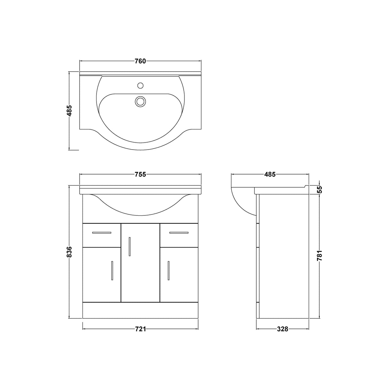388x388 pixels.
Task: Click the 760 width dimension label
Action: pyautogui.click(x=140, y=61)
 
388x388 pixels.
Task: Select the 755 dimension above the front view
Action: pyautogui.click(x=140, y=174)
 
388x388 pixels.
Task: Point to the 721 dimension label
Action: pyautogui.click(x=140, y=329)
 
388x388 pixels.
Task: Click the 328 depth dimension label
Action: pyautogui.click(x=283, y=329)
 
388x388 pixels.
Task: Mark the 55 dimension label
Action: pyautogui.click(x=320, y=190)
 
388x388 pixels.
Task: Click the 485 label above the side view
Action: pyautogui.click(x=270, y=174)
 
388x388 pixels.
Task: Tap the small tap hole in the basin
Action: pyautogui.click(x=140, y=85)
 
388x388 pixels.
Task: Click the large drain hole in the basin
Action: pyautogui.click(x=140, y=101)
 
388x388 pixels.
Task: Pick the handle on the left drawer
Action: pyautogui.click(x=102, y=232)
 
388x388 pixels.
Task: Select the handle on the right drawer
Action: pyautogui.click(x=179, y=232)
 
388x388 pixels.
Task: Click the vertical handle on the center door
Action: pyautogui.click(x=129, y=246)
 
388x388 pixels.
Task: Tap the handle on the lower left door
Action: pyautogui.click(x=112, y=271)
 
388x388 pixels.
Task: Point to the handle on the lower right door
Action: pyautogui.click(x=168, y=271)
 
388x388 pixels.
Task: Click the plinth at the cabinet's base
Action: pyautogui.click(x=140, y=310)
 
